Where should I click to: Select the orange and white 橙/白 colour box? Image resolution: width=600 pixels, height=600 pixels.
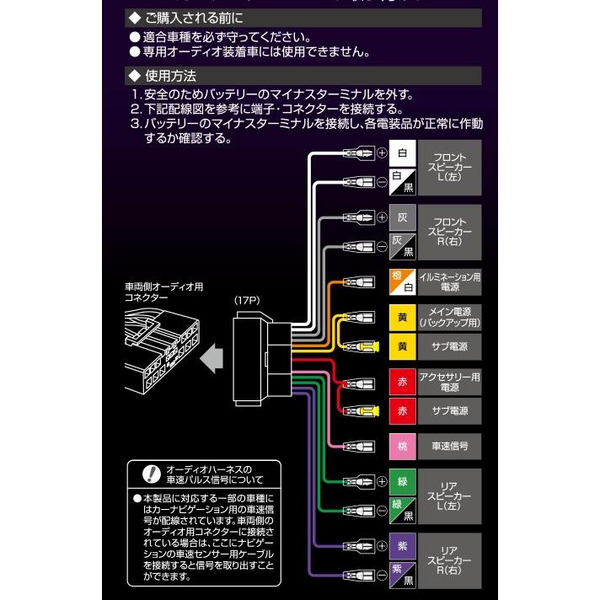tap(402, 282)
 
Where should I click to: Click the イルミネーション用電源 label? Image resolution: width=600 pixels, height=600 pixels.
tap(451, 282)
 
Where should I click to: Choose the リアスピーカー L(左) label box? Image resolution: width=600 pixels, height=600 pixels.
tap(451, 496)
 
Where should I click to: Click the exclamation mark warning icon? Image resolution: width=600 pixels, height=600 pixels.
tap(151, 474)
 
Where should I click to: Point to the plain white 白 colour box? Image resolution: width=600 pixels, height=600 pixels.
tap(402, 153)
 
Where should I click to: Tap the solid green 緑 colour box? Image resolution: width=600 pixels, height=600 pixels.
tap(402, 482)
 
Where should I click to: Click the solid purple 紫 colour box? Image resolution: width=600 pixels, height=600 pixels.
tap(402, 546)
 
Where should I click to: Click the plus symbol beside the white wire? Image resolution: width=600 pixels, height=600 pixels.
tap(381, 153)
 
